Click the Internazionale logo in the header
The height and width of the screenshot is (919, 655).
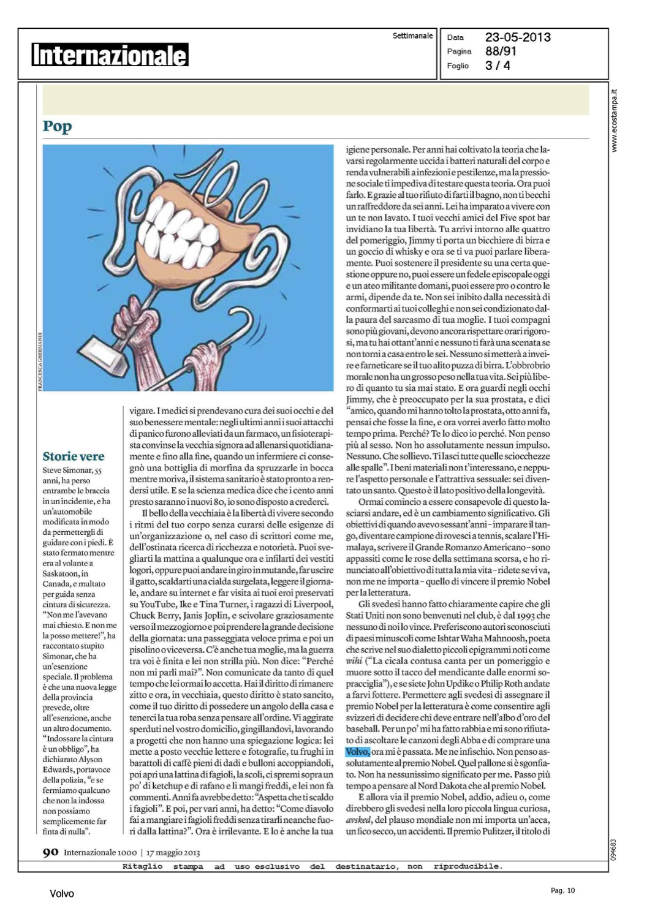[110, 55]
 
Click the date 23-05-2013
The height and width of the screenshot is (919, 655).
[518, 37]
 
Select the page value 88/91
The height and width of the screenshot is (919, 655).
[501, 51]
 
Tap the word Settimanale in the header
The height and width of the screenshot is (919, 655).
[412, 36]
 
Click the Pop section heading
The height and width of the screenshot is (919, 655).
[57, 126]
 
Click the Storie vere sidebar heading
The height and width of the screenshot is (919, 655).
[74, 456]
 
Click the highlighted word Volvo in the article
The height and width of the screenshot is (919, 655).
[357, 752]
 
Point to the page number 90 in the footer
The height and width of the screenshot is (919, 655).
[50, 852]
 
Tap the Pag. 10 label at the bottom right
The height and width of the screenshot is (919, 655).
[562, 891]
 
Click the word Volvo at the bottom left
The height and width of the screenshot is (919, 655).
[62, 894]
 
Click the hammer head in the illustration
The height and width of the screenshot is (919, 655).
[103, 357]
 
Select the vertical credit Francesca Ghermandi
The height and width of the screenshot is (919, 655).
[40, 361]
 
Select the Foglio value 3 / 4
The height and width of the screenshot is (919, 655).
[498, 66]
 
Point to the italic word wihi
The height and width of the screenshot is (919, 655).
[354, 661]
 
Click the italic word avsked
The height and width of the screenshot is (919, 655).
[358, 820]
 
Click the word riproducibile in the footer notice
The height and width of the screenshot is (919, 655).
[468, 866]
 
